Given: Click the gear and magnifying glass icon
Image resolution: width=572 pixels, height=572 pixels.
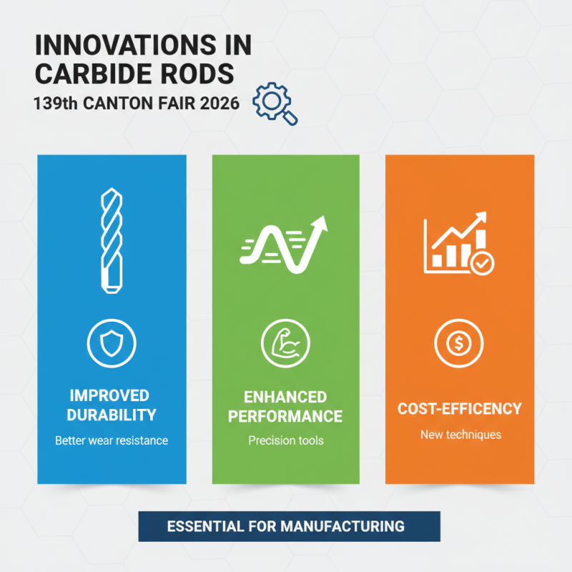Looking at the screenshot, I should click(x=275, y=105).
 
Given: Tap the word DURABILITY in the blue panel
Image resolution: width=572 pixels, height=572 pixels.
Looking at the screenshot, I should click(x=111, y=415).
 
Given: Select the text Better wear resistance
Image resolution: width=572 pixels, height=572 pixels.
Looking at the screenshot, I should click(x=112, y=440).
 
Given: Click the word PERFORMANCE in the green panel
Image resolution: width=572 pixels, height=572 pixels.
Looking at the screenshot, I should click(x=285, y=416).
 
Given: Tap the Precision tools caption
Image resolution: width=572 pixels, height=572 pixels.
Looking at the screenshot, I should click(x=285, y=440).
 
